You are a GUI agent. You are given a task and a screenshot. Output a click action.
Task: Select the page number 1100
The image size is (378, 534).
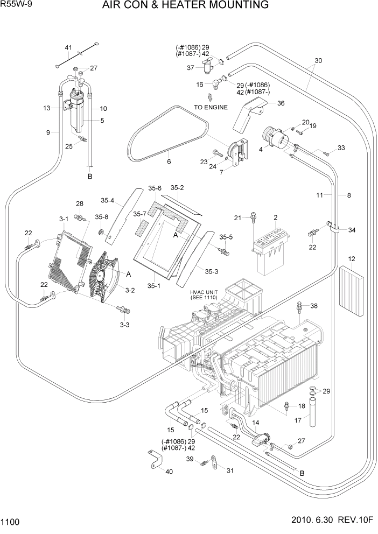click(11, 522)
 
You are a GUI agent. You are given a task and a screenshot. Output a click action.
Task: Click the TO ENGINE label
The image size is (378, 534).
click(211, 107)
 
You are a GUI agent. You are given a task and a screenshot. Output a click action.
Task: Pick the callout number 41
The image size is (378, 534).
click(68, 48)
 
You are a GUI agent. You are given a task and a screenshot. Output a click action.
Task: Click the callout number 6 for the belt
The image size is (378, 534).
click(169, 161)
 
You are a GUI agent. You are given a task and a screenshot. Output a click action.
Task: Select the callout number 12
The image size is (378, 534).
click(352, 259)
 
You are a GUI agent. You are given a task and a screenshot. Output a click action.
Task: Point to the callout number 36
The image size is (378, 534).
click(280, 104)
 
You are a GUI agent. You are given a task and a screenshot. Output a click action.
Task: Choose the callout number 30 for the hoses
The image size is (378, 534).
click(318, 61)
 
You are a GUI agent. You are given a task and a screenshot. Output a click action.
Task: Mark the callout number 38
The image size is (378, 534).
click(313, 306)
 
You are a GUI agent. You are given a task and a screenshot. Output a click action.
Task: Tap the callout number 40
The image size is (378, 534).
click(169, 472)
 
